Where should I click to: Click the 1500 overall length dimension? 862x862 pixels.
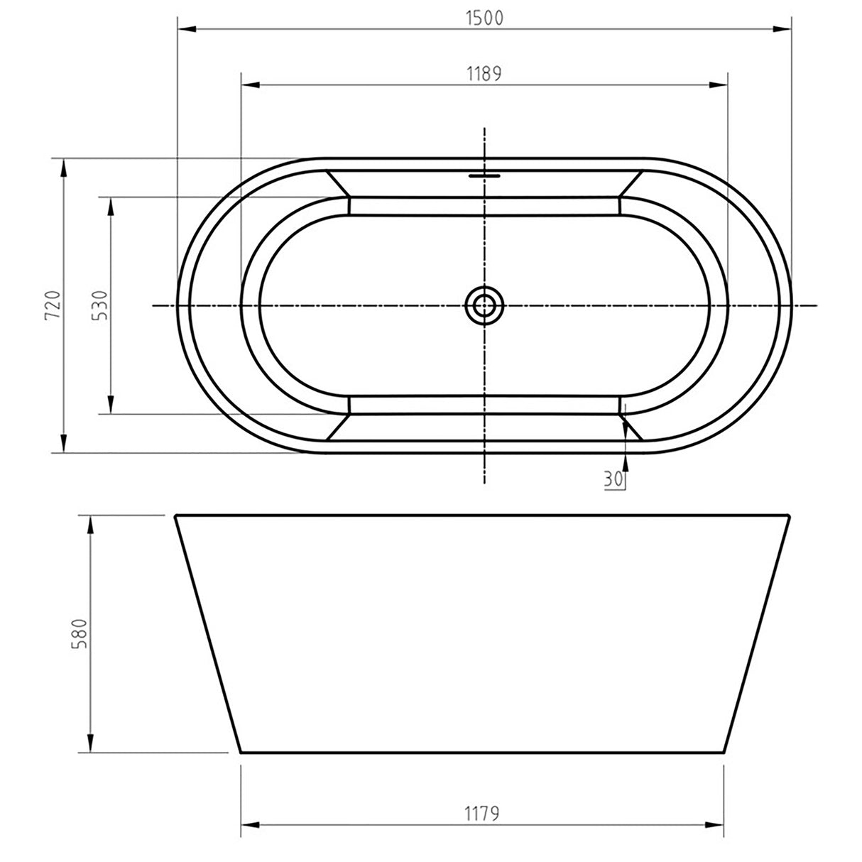[x=485, y=18]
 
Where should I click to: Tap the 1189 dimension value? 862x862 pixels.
[x=484, y=73]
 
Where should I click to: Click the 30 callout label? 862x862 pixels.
[x=613, y=479]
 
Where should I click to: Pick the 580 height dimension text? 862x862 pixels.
[x=80, y=634]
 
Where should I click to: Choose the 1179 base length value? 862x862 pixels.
[x=484, y=813]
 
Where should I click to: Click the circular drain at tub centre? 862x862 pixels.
[x=484, y=305]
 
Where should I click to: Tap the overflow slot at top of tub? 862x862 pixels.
[x=484, y=173]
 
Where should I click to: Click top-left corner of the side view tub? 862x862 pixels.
[x=176, y=515]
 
